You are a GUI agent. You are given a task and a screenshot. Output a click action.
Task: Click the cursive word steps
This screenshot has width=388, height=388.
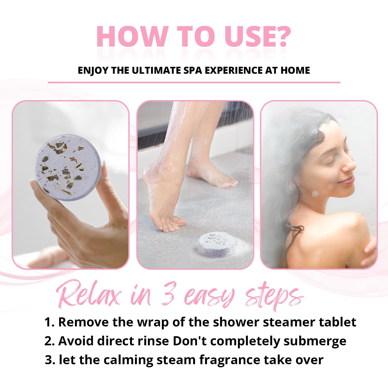coord(274,297)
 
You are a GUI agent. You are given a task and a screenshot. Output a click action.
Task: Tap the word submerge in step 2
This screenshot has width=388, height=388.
coord(315,342)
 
